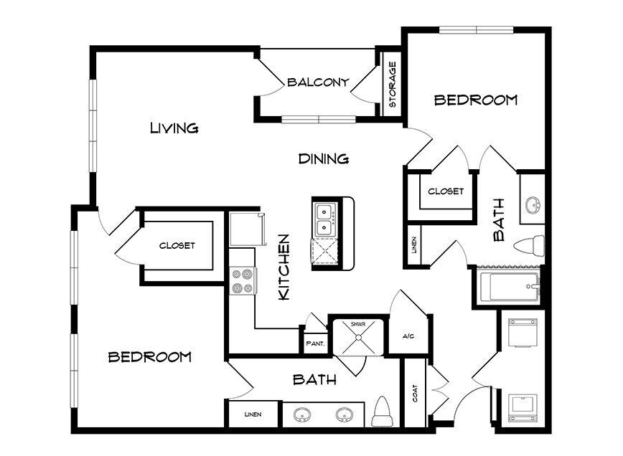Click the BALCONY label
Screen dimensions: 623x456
318,82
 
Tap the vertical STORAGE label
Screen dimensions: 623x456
393,84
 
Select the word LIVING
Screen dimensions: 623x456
174,128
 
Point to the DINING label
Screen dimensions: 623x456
324,158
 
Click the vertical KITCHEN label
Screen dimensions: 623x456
284,267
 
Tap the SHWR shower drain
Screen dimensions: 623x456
358,337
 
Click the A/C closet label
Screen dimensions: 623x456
408,336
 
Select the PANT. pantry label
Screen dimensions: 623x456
316,343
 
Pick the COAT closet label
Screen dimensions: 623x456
415,394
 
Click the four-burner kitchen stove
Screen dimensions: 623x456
243,281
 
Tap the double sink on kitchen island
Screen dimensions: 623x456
325,220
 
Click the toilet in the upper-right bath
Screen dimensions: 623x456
529,246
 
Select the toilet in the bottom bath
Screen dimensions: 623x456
383,412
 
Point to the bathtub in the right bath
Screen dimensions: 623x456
510,287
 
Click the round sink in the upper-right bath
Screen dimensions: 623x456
533,205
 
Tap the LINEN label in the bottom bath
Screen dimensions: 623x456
253,414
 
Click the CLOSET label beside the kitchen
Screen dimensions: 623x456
177,246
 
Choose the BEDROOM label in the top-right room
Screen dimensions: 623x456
476,100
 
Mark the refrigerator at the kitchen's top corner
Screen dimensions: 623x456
246,229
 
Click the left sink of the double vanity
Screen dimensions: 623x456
302,415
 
